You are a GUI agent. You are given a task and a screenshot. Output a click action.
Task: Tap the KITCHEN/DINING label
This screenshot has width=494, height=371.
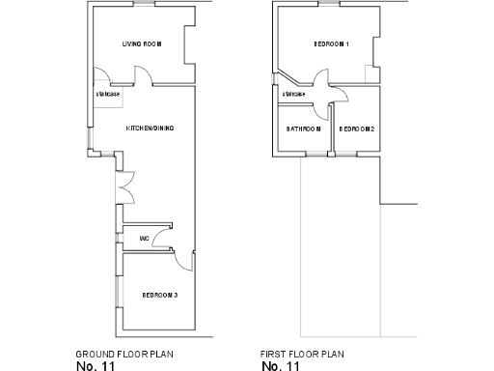pos(149,128)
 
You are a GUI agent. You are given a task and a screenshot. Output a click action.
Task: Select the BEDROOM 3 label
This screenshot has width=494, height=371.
pos(160,295)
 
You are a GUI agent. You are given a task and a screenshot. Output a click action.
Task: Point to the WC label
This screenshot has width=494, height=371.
pos(144,238)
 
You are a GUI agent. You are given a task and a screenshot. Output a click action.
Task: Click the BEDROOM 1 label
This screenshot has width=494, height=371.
pos(331,44)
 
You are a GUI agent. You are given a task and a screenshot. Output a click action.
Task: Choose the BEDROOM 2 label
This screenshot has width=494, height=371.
pos(357,128)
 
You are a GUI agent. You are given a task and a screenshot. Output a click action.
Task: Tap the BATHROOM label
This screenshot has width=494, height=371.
pos(303,128)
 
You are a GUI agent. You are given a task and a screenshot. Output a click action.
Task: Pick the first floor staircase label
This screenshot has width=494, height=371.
pos(293,94)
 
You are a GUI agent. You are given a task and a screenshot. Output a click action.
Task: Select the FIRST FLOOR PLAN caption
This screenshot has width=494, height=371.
pos(302,354)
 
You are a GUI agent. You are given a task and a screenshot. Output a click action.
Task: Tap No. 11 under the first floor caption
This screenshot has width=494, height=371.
pos(281,366)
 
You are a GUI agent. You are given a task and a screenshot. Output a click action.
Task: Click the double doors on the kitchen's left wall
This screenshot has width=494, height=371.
pos(123,185)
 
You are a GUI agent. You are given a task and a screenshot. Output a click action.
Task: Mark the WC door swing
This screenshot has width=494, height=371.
pos(163,230)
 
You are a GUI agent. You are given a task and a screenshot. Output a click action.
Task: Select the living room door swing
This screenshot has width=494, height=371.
pos(142,77)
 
